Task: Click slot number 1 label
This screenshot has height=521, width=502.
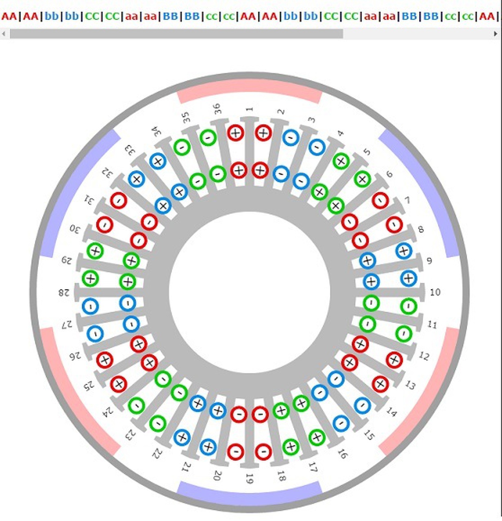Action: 250,109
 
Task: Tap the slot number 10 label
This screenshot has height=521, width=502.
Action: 435,292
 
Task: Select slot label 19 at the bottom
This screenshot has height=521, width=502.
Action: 250,479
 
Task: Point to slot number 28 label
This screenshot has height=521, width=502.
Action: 64,292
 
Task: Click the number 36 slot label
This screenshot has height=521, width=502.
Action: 218,109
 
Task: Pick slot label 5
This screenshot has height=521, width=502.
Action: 367,152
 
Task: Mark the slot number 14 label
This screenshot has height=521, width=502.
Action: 391,412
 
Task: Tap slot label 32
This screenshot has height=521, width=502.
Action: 106,173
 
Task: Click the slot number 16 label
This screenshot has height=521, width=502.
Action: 343,454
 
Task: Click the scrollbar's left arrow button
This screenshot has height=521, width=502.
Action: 4,34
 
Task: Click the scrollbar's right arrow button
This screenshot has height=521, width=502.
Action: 495,34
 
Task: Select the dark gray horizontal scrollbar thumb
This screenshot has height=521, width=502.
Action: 176,34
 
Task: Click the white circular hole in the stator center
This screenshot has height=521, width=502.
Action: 250,292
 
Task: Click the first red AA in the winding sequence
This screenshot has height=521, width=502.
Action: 9,16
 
